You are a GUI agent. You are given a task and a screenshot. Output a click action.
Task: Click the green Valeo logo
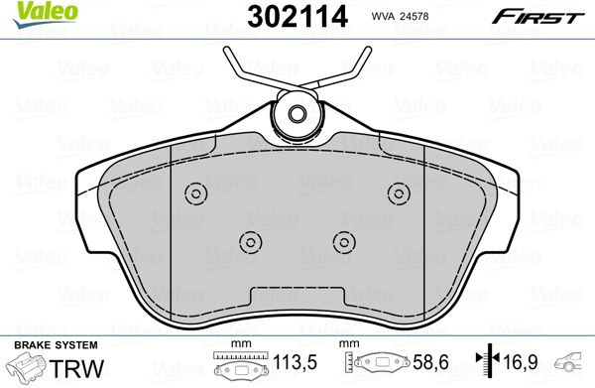(x=45, y=14)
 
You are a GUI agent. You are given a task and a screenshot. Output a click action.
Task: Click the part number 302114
(x=297, y=17)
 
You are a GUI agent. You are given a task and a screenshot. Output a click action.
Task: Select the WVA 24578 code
(x=400, y=16)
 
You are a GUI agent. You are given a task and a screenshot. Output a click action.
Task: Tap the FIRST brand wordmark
(x=537, y=17)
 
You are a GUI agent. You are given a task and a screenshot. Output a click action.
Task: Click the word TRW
(x=76, y=368)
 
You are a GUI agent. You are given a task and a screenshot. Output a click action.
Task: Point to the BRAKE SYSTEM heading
(x=56, y=345)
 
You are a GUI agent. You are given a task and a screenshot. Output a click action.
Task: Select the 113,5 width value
(x=295, y=362)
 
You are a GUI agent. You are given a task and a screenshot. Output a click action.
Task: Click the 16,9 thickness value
(x=520, y=362)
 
